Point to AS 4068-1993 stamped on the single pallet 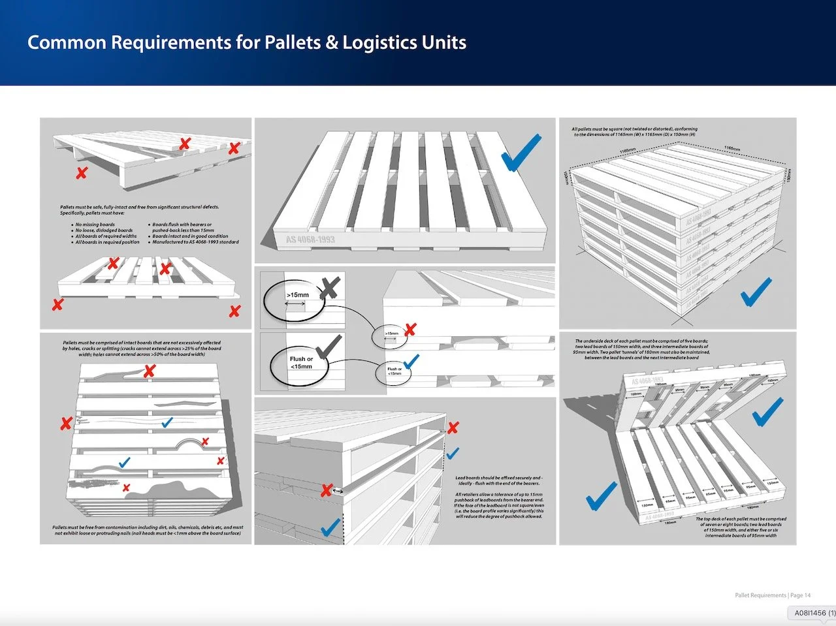(x=310, y=240)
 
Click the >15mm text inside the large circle (x=297, y=295)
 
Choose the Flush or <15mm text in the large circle (x=301, y=363)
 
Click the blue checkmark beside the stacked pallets (x=756, y=292)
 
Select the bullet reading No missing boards (x=95, y=225)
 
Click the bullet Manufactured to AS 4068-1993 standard (x=195, y=242)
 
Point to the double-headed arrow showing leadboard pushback (x=338, y=490)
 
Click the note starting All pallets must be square (x=634, y=132)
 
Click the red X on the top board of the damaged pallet (x=150, y=371)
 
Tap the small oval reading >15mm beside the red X (x=390, y=334)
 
